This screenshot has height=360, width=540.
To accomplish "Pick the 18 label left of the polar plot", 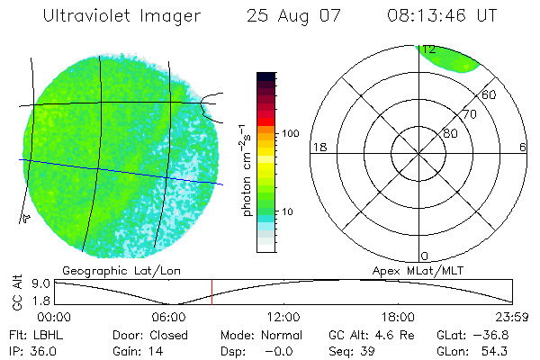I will (318, 147).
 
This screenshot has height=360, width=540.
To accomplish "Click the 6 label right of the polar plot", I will (522, 147).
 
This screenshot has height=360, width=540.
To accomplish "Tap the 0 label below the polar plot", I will (425, 256).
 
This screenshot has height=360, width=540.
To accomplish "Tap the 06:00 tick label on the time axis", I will (169, 317).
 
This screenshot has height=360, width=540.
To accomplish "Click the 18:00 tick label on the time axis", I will (398, 317).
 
